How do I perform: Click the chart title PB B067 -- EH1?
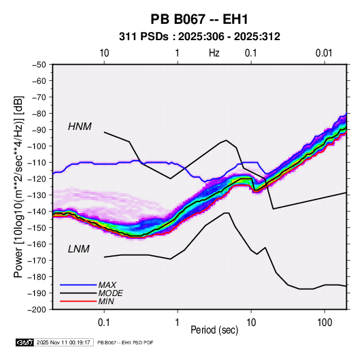tap(199, 19)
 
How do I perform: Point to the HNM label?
tap(80, 127)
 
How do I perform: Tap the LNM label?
tap(79, 249)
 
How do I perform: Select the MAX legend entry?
tap(107, 284)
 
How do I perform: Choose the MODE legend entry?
tap(110, 293)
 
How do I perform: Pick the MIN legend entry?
tap(106, 301)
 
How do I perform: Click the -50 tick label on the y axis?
tap(39, 65)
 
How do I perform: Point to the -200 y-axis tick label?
tap(37, 310)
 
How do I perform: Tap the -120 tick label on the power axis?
tap(37, 179)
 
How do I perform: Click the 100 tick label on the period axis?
tap(325, 323)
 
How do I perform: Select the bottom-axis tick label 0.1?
tap(104, 323)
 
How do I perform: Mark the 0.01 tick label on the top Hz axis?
tap(324, 53)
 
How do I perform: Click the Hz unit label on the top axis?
tap(214, 53)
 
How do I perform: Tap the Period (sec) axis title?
tap(214, 330)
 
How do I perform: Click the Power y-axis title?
tap(18, 186)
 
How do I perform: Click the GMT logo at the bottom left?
tap(25, 342)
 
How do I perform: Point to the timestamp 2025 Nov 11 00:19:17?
tap(63, 342)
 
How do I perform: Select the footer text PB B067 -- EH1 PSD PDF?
tap(125, 342)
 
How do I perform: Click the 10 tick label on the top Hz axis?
tap(104, 53)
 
